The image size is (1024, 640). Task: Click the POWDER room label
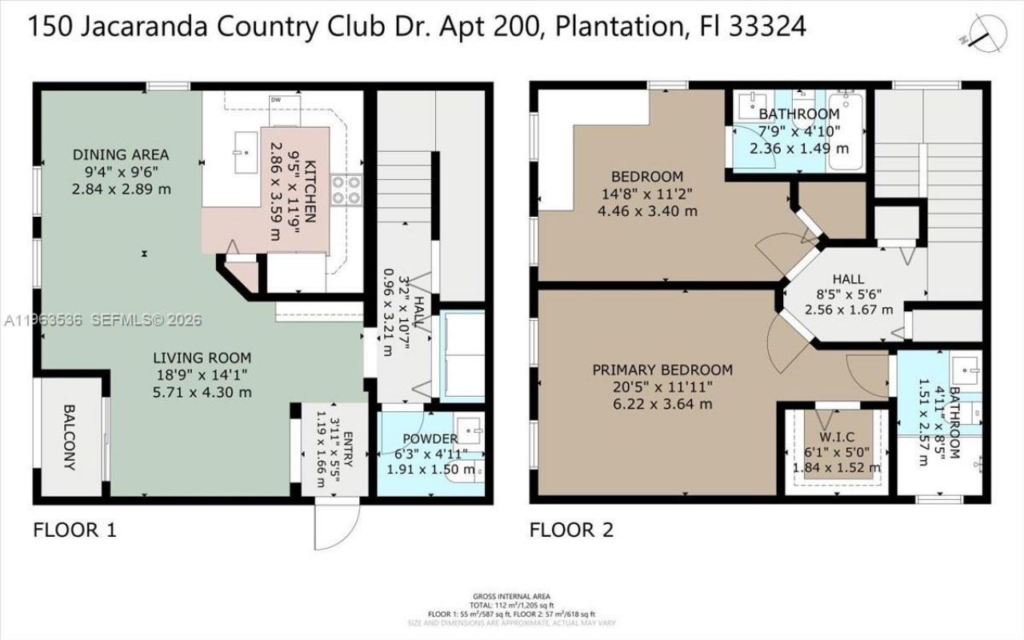click(430, 438)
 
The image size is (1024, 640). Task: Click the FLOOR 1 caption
click(74, 530)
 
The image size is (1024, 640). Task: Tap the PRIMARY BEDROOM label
click(662, 370)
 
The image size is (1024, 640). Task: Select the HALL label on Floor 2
click(848, 278)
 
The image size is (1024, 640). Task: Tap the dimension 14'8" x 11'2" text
click(646, 194)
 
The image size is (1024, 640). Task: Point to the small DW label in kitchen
click(277, 100)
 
